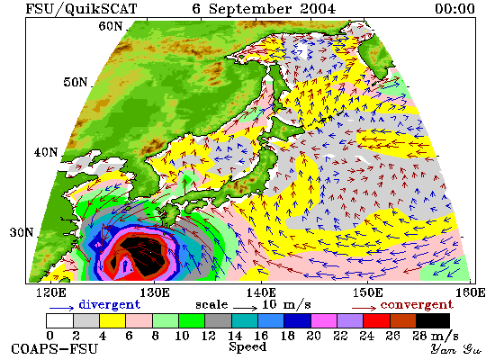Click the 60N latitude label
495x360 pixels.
tap(110, 26)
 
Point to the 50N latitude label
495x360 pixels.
tap(75, 82)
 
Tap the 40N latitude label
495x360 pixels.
tap(46, 152)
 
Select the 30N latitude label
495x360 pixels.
tap(22, 233)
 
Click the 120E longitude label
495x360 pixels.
tap(51, 292)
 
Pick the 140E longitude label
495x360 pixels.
tap(261, 292)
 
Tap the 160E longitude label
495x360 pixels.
tap(471, 292)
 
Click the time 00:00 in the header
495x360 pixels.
tap(454, 9)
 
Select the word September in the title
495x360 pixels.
tap(250, 9)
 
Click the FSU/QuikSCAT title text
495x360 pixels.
tap(81, 9)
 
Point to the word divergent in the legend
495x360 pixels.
tap(109, 305)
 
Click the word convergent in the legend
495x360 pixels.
tap(417, 305)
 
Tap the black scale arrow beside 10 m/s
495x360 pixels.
tap(246, 307)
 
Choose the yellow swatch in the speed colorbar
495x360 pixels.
tap(112, 320)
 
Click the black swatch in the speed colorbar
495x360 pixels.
tap(433, 320)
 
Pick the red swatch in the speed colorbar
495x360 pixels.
tap(376, 320)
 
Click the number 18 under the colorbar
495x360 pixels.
tap(287, 336)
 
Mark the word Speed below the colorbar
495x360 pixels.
tap(247, 347)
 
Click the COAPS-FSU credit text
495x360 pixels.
tap(55, 349)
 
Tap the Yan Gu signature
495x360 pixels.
tap(455, 349)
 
